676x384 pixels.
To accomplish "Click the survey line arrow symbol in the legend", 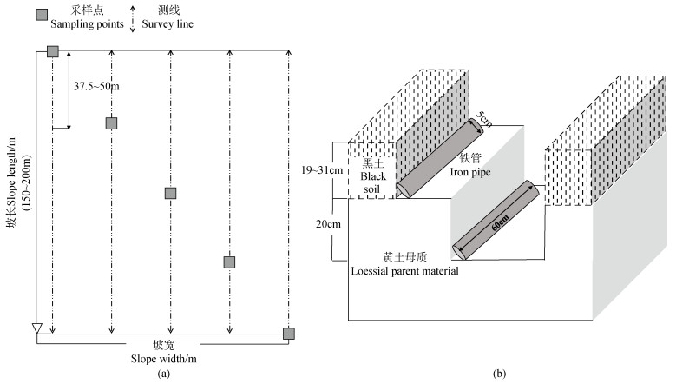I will [x=134, y=18].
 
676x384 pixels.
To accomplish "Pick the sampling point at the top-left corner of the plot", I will [x=53, y=52].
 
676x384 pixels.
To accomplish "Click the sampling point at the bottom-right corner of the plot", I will [x=289, y=334].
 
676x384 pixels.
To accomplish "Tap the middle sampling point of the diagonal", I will [x=171, y=193].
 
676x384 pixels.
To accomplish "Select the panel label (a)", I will [x=164, y=374].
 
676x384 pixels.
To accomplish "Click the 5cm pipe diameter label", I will [x=482, y=122].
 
